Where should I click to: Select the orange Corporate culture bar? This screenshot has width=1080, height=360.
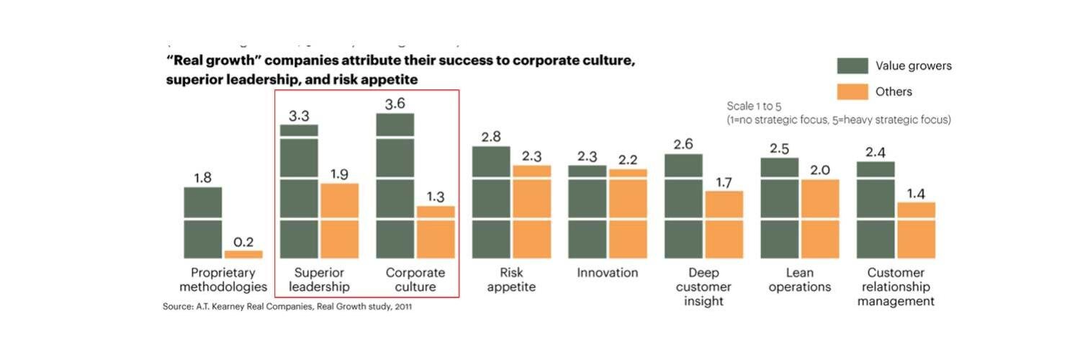click(436, 232)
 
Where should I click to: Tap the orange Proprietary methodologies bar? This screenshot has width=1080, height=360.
click(243, 254)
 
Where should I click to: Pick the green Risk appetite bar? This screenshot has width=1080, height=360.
click(491, 202)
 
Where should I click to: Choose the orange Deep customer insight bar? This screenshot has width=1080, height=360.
click(724, 224)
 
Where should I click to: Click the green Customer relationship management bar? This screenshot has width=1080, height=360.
click(876, 210)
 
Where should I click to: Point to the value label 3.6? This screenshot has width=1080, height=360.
click(395, 104)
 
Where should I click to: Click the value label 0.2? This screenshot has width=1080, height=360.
click(243, 243)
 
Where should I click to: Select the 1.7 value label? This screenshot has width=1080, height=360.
click(724, 183)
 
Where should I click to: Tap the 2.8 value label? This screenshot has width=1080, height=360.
click(491, 137)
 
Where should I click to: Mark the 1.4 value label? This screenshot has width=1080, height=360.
click(916, 194)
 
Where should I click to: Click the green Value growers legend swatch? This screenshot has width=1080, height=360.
click(852, 66)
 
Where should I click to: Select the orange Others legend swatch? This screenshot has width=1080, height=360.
click(852, 92)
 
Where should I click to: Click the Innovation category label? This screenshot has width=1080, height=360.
click(607, 273)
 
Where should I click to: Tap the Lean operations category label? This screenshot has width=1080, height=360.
click(799, 280)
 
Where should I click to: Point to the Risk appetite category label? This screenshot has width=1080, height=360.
click(511, 280)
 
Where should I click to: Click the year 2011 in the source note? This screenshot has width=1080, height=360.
click(402, 307)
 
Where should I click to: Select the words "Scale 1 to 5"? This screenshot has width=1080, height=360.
click(754, 107)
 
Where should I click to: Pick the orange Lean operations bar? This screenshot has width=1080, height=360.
click(820, 218)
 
